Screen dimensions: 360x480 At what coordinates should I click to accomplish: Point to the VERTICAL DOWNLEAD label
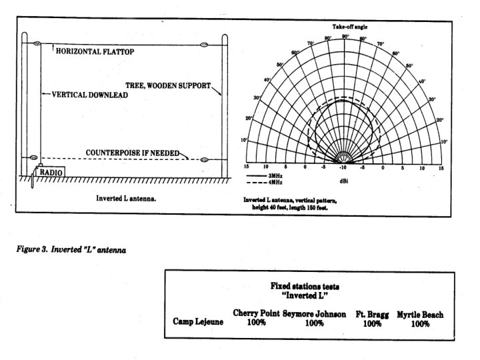[x=89, y=95]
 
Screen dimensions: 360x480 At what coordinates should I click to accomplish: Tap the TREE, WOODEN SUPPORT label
[x=169, y=85]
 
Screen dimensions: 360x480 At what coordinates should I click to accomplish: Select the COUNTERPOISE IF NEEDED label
[x=133, y=153]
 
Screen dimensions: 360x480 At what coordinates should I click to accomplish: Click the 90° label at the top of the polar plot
[x=345, y=36]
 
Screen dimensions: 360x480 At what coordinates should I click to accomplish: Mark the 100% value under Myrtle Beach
[x=419, y=323]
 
